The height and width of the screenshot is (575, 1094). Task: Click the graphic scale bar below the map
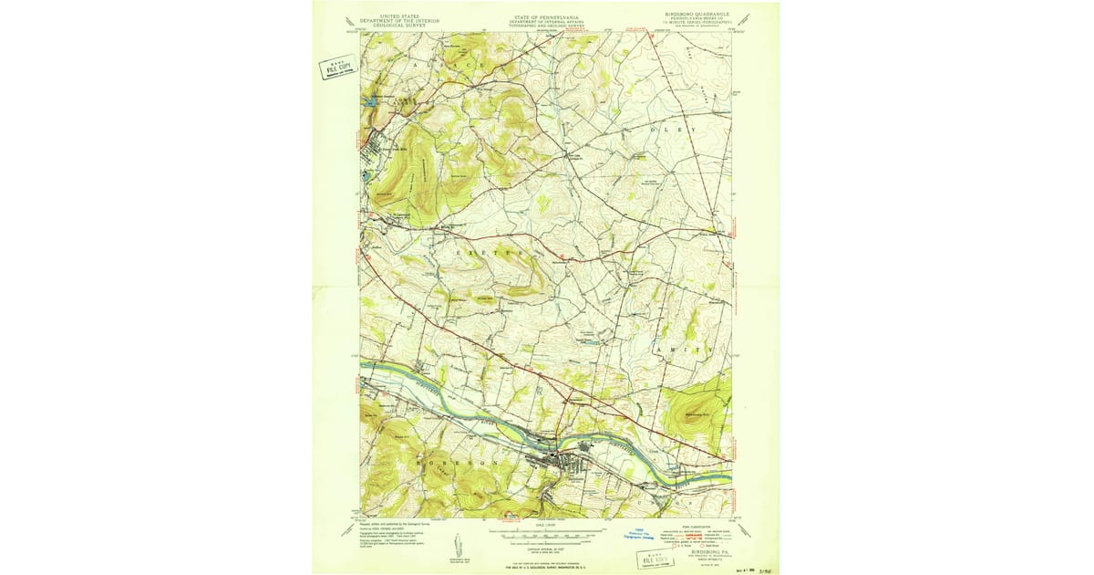(x=546, y=530)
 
